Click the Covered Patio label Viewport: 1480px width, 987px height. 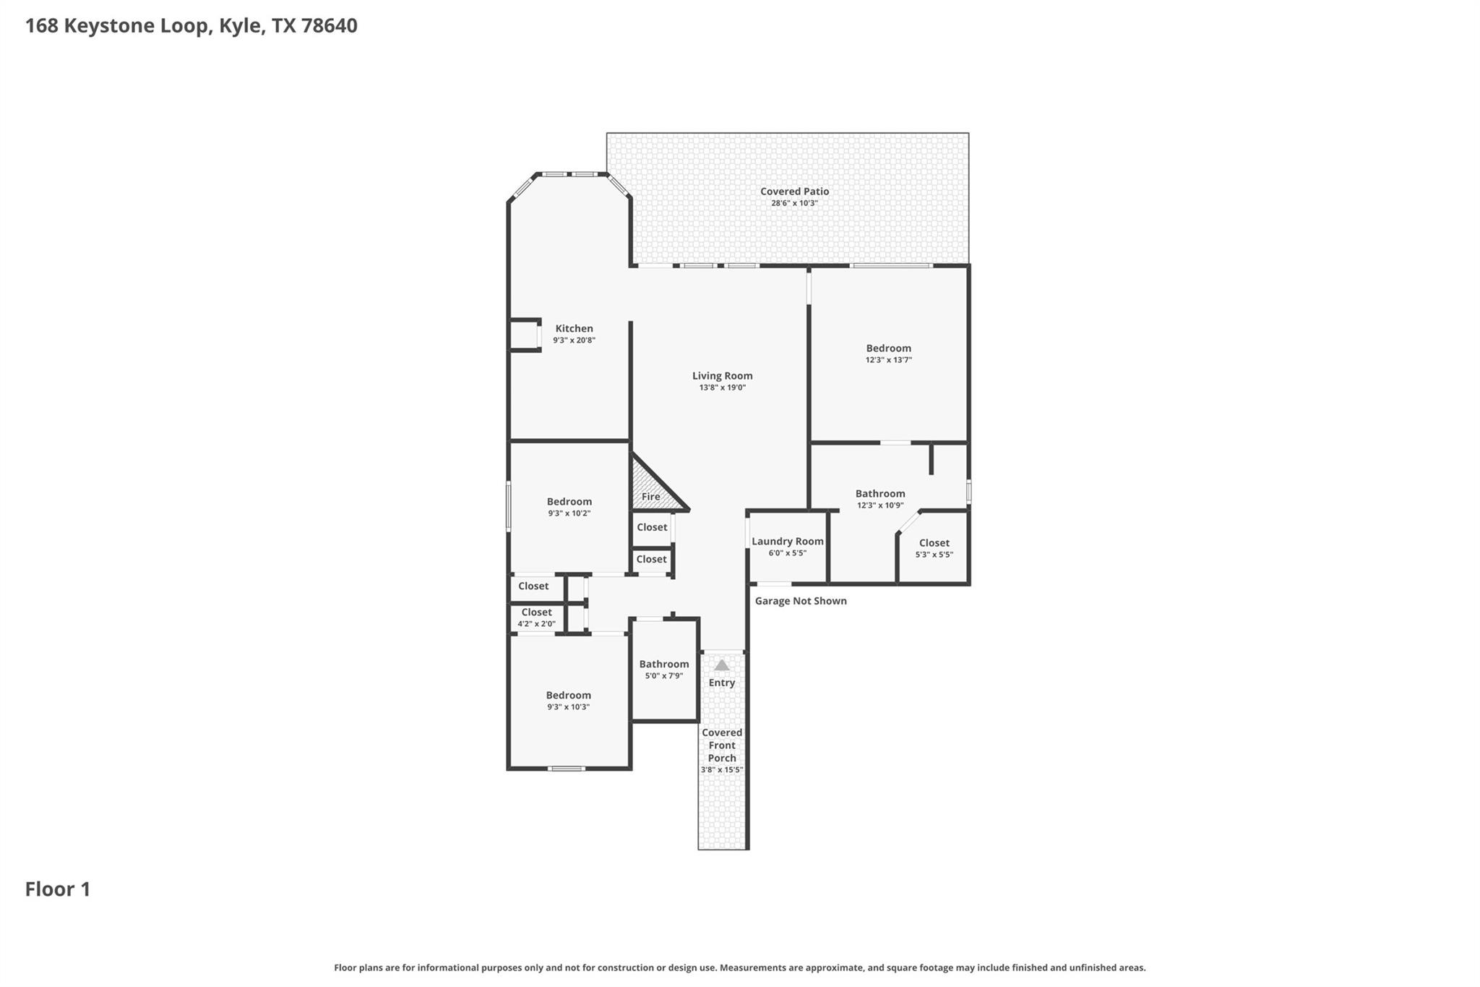click(794, 192)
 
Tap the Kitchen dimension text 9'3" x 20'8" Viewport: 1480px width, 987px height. click(574, 341)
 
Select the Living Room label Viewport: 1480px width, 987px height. click(722, 375)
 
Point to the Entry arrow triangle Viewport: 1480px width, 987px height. click(721, 665)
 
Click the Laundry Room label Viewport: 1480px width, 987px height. click(787, 542)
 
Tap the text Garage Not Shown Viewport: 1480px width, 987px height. click(800, 601)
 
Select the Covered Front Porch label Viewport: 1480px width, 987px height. click(721, 745)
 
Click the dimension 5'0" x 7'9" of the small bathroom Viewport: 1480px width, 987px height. click(663, 676)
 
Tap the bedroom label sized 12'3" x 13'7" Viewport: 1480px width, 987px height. click(888, 349)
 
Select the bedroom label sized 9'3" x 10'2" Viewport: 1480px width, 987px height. click(569, 502)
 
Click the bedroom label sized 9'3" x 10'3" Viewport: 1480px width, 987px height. click(568, 696)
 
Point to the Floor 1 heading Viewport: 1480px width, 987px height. click(58, 889)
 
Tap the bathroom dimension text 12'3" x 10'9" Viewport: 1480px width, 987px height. click(879, 505)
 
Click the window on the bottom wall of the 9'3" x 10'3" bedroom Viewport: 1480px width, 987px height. click(567, 768)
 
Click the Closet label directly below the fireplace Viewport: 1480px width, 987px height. click(652, 527)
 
